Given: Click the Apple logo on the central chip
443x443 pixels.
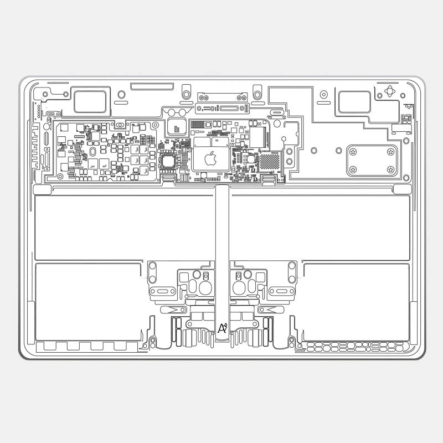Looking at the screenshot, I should coord(210,159).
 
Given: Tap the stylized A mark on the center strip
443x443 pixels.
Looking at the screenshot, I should coord(223,328).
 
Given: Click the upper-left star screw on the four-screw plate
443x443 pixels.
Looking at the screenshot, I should coord(353,151).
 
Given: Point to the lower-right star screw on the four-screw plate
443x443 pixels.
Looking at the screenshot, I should coord(390,169).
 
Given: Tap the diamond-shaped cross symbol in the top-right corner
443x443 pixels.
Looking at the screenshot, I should coord(391,91).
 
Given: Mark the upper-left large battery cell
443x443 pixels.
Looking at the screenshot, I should coord(125,227).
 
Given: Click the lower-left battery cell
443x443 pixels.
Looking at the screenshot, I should coord(89,302).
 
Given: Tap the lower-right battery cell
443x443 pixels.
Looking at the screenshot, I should coord(356,302).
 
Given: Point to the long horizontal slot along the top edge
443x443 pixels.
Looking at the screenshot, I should coord(151,86).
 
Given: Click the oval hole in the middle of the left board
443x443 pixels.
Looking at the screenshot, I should coord(93,151).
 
